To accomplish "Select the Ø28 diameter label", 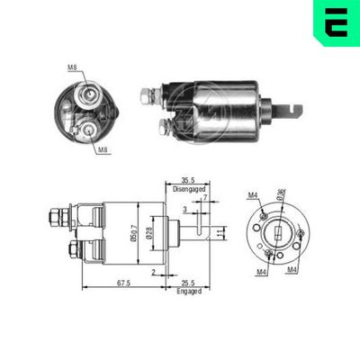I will pyautogui.click(x=149, y=233).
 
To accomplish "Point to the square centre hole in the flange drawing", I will pyautogui.click(x=277, y=232).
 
